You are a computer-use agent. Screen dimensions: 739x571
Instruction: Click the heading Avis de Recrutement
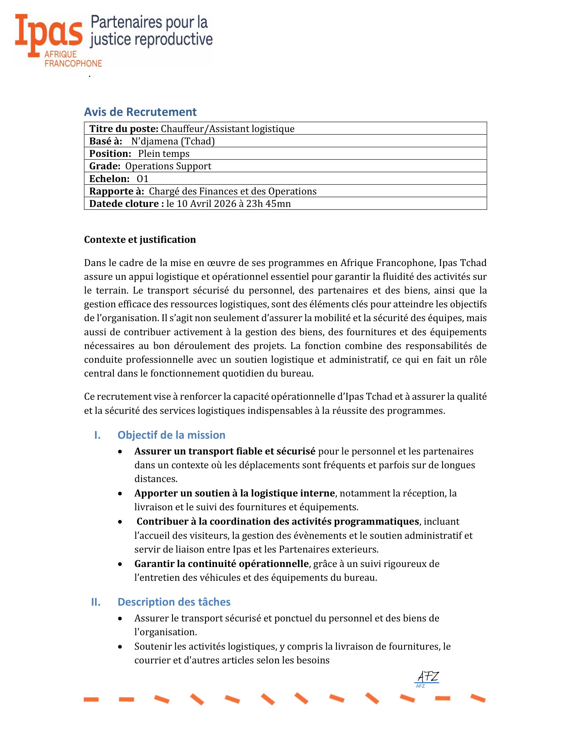pos(140,112)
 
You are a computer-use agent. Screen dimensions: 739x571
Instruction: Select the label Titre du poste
pos(124,129)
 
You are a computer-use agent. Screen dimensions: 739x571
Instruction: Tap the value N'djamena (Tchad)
pos(173,141)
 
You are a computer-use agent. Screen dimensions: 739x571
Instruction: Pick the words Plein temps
pos(164,154)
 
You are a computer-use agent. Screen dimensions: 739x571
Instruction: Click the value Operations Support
pos(168,166)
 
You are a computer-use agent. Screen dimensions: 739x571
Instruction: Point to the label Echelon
pos(109,179)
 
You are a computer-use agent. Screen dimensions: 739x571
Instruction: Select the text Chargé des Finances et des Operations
pos(233,191)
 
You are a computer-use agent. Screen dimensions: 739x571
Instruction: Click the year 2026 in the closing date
pos(223,204)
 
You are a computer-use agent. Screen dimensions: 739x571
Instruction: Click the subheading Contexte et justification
pos(140,240)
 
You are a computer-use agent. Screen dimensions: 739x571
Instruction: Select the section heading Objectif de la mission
pos(171,435)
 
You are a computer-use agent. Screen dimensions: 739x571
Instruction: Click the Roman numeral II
pos(96,602)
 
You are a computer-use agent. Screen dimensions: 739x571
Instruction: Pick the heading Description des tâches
pos(174,602)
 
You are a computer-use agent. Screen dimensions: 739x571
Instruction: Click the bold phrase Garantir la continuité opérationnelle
pos(222,564)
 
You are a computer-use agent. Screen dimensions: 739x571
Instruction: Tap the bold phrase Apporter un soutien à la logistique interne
pos(234,493)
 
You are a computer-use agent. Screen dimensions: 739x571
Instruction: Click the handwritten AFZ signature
pos(428,677)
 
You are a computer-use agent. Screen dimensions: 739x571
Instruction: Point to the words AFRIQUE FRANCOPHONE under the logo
pos(73,59)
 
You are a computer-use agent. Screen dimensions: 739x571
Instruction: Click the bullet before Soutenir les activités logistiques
pos(120,647)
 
